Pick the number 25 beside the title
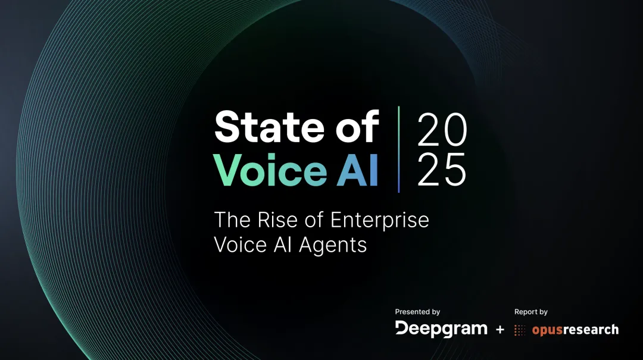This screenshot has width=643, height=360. pyautogui.click(x=442, y=171)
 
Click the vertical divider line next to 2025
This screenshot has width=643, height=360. pyautogui.click(x=399, y=149)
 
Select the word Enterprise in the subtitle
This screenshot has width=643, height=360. pyautogui.click(x=379, y=221)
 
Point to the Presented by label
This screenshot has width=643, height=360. pyautogui.click(x=417, y=312)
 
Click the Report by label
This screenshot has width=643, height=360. pyautogui.click(x=531, y=312)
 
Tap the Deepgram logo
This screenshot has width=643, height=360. pyautogui.click(x=441, y=329)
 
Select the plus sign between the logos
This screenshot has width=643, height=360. pyautogui.click(x=500, y=329)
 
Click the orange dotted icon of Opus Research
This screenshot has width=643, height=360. pyautogui.click(x=520, y=330)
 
